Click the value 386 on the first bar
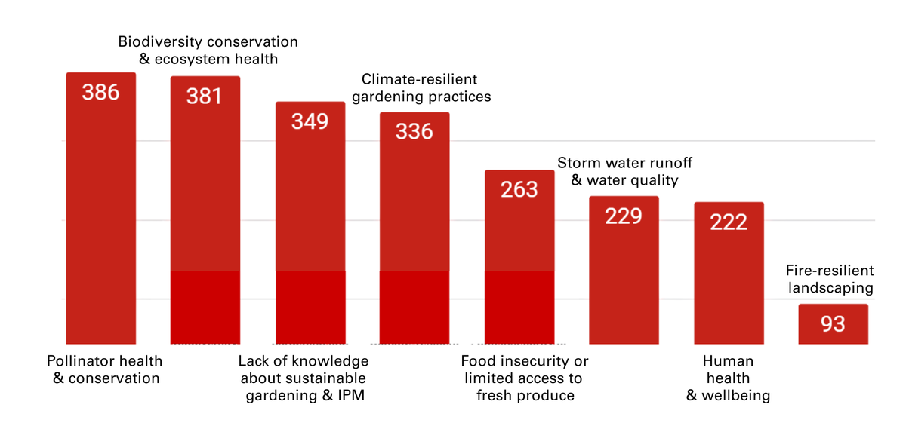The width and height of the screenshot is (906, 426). click(x=101, y=92)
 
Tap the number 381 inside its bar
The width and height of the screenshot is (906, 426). click(x=205, y=97)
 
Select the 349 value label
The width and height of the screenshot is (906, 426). click(x=310, y=121)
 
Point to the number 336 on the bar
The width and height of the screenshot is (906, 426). click(x=414, y=131)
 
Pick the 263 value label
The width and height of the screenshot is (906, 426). click(x=519, y=188)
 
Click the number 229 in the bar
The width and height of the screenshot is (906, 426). click(x=623, y=216)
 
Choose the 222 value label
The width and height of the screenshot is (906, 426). click(x=729, y=222)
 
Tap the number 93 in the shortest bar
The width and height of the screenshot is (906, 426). click(x=833, y=324)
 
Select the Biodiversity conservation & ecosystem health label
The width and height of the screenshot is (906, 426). click(x=208, y=50)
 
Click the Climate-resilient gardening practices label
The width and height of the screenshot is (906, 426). click(x=426, y=88)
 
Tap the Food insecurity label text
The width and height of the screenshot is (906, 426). click(x=525, y=378)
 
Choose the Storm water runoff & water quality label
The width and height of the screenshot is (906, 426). click(x=624, y=172)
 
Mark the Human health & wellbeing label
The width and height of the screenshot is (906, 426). click(x=728, y=378)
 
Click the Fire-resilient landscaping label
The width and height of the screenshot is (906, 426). click(x=830, y=279)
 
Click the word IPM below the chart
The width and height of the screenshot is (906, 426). click(x=349, y=396)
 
